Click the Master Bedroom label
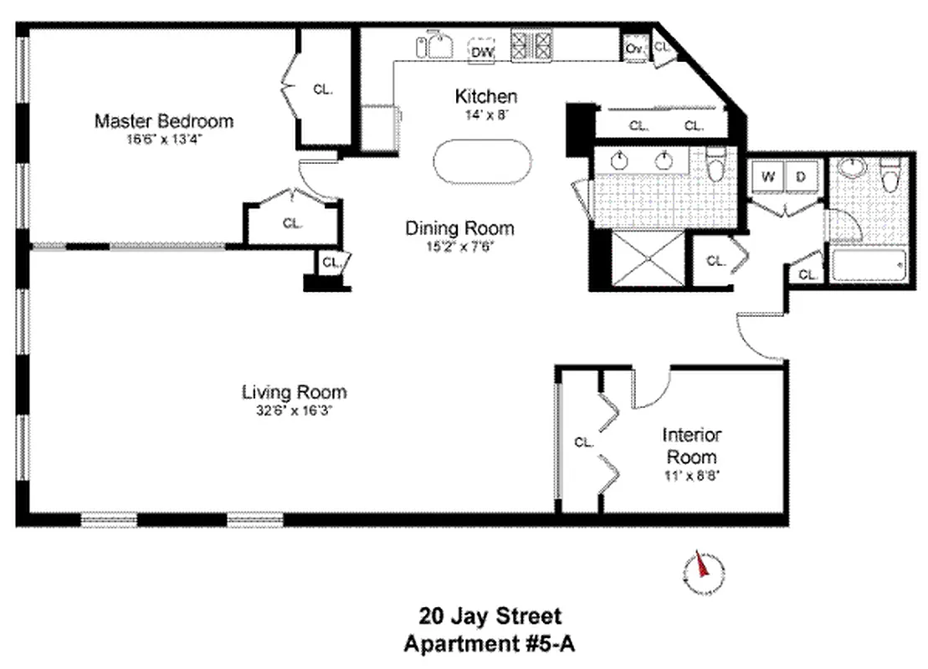163,120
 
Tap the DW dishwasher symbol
481,52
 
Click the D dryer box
801,176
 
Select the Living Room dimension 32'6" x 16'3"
294,411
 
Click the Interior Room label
691,446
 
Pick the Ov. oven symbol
633,49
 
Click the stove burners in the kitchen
533,45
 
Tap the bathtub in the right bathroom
868,267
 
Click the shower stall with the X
648,259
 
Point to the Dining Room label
459,227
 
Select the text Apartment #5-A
490,644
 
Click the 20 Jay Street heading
490,617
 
